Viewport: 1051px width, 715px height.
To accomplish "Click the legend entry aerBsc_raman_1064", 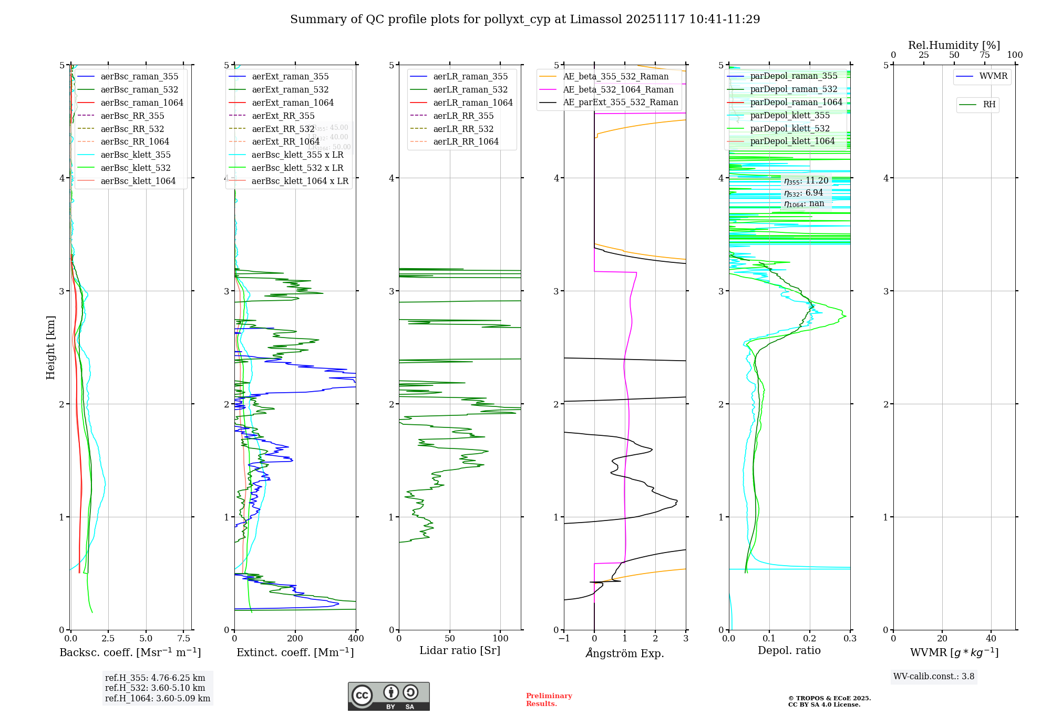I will coord(142,103).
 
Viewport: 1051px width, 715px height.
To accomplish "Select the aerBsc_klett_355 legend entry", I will coord(136,155).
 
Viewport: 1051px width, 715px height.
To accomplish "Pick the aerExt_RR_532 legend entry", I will coord(283,129).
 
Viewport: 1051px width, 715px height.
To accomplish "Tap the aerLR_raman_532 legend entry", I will coord(470,89).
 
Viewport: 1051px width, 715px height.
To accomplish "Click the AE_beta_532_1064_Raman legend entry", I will coord(618,89).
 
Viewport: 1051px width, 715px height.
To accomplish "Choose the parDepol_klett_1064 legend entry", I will coord(792,141).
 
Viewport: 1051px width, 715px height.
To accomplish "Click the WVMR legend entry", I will coord(993,76).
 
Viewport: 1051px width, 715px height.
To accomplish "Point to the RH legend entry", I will coord(989,105).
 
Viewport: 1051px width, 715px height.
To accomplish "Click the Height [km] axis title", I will coord(50,348).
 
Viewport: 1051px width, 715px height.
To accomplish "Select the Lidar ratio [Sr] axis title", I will coord(460,650).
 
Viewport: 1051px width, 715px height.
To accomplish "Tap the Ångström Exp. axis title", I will coord(625,653).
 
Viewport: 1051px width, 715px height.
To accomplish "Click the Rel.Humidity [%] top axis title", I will coord(954,45).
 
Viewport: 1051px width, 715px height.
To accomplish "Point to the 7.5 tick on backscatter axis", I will coord(184,638).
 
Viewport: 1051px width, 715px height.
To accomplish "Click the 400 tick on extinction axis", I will coord(356,638).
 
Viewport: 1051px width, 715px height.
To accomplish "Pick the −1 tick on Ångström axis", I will coord(564,638).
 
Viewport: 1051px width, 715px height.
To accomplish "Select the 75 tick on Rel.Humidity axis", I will coord(985,55).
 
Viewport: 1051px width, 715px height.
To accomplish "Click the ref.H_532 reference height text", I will coord(155,688).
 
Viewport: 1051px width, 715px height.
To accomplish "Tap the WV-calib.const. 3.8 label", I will coord(934,676).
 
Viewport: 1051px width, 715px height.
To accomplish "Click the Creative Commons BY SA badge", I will coord(388,696).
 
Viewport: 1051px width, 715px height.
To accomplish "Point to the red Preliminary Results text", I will coord(549,699).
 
